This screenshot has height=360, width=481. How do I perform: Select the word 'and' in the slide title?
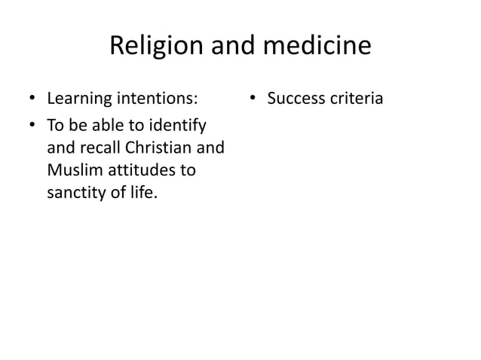tap(228, 47)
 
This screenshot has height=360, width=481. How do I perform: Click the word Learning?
tap(78, 98)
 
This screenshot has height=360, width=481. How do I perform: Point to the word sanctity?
tap(77, 194)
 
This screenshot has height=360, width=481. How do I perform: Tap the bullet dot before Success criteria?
tap(254, 99)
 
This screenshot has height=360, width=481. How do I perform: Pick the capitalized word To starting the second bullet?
tap(56, 123)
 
